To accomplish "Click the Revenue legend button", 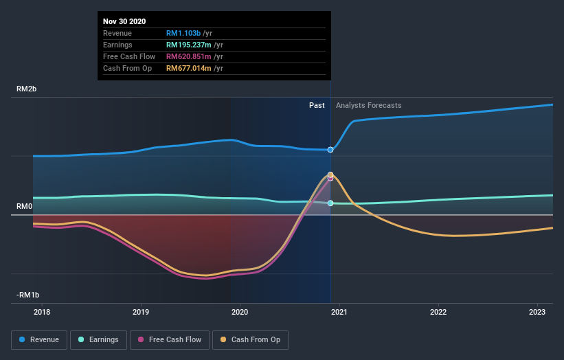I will (39, 339).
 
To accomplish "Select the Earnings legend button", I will (98, 339).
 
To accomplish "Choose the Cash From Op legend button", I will (251, 339).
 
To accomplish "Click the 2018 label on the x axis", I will (42, 313).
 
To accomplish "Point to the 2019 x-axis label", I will (141, 313).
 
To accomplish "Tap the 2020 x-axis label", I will (240, 313).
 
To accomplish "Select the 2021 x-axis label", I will (339, 313).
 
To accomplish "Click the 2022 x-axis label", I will (438, 313).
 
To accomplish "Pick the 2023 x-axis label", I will (537, 313).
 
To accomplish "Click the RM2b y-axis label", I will (27, 89).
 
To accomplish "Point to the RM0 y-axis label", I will (25, 206).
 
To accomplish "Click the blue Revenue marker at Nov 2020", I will (330, 150).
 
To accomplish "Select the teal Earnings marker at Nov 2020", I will (330, 203).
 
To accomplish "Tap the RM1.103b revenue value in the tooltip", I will (183, 33).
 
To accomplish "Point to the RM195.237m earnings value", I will (189, 45).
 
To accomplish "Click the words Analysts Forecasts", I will (369, 105).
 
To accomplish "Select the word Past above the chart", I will (317, 105).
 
